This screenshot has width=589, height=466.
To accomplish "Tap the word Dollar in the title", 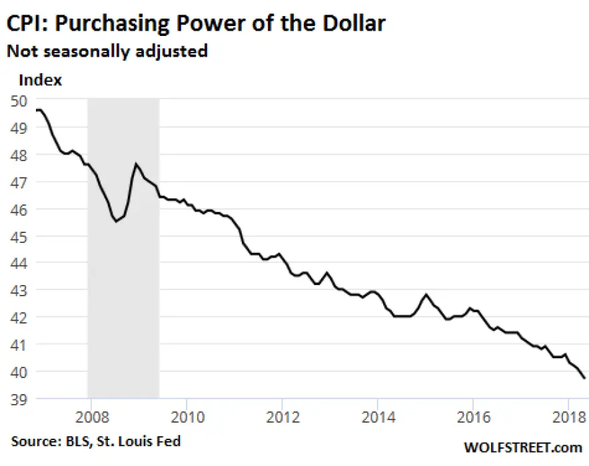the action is tap(354, 23).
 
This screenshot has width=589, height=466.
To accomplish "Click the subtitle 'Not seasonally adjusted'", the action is tap(107, 51).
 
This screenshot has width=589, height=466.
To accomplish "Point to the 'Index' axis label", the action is tap(40, 80).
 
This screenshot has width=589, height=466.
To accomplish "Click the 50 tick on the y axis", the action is tap(19, 101).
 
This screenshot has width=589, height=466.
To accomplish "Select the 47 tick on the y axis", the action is tap(19, 182).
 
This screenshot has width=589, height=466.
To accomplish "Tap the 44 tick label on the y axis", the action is tap(19, 264).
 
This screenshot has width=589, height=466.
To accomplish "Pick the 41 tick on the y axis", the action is tap(19, 345).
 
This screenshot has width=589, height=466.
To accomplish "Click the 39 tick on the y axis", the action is tap(19, 399).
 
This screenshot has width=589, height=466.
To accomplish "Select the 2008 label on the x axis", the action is tap(92, 417).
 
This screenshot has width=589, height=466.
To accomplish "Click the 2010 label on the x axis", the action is tap(187, 417).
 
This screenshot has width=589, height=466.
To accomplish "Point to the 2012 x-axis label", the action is tap(283, 417).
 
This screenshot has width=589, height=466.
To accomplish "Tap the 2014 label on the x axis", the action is tap(378, 417).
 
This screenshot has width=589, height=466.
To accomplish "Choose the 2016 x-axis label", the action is tap(474, 417).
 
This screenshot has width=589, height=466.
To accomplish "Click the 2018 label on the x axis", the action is tap(569, 417).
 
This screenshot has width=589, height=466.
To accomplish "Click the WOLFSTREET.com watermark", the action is tap(523, 447).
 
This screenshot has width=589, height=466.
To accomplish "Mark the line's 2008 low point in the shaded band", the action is tap(116, 222).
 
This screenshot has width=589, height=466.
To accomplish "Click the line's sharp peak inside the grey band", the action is tap(136, 164).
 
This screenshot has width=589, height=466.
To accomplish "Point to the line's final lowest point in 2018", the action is tap(584, 378).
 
